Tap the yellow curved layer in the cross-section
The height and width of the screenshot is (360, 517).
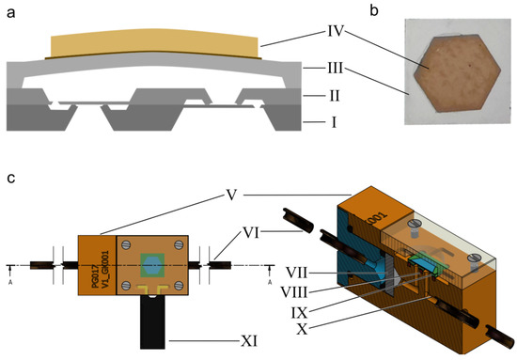pos(154,44)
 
